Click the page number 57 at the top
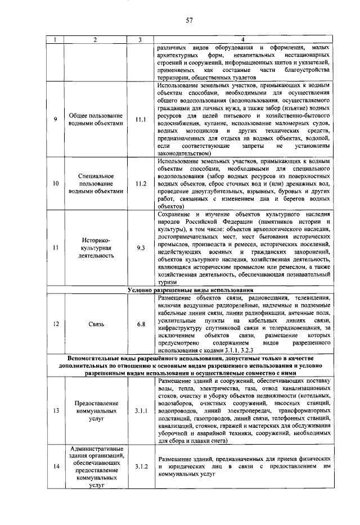click(190, 21)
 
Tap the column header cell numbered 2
click(95, 39)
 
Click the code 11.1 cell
click(141, 119)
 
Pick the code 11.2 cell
click(141, 183)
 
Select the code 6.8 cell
click(141, 324)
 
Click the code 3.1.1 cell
click(141, 411)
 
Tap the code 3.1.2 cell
click(141, 467)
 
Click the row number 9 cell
click(55, 119)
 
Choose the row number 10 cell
click(55, 183)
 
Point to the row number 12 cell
click(55, 324)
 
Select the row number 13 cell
click(55, 411)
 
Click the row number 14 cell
click(55, 467)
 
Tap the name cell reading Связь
click(95, 324)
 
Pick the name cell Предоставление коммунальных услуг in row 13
click(95, 411)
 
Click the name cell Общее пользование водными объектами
click(95, 119)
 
